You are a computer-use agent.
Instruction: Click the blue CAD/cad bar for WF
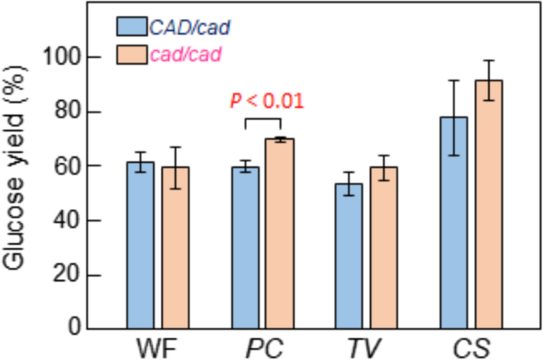(140, 245)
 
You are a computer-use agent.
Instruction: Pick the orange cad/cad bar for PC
(281, 233)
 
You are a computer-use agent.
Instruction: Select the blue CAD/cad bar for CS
(453, 222)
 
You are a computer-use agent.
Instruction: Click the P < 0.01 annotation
(267, 101)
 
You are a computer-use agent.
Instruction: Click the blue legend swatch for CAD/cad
(130, 28)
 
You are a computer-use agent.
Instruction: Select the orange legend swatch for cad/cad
(130, 55)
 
